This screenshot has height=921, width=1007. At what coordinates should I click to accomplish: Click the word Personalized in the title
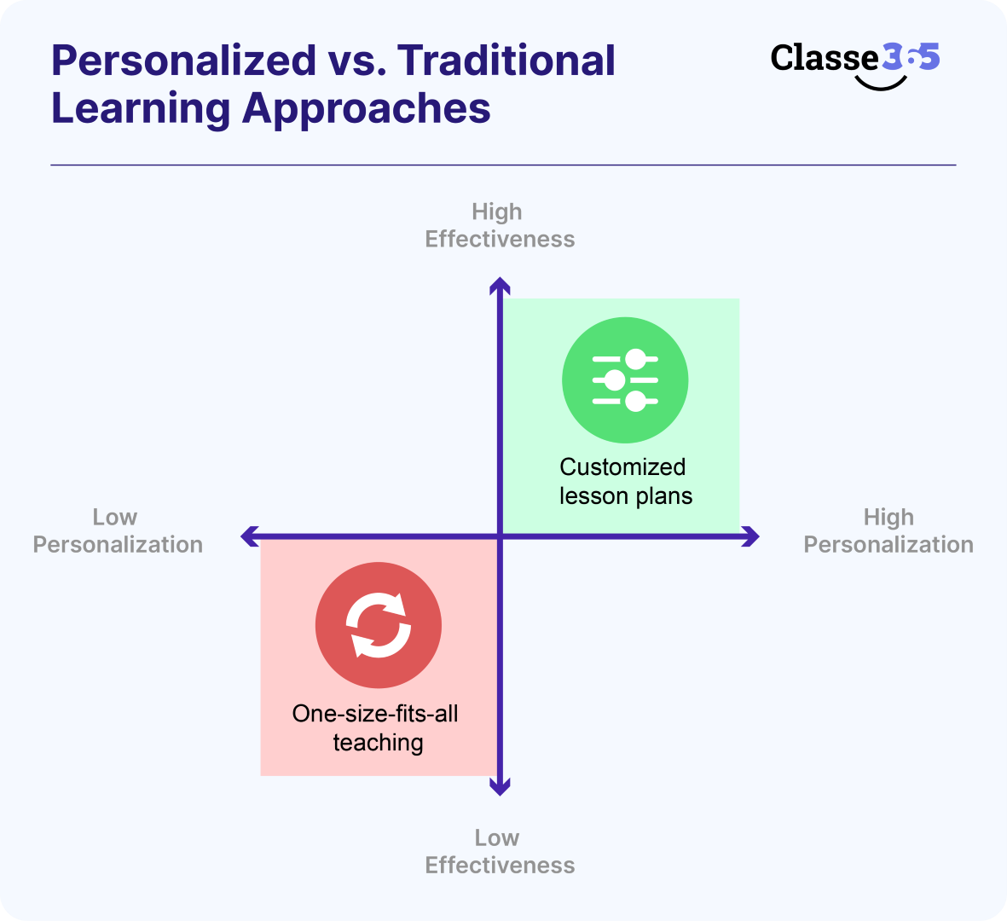(183, 61)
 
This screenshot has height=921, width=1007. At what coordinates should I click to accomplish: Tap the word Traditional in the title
(506, 61)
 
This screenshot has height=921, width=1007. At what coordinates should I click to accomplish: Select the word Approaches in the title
(367, 109)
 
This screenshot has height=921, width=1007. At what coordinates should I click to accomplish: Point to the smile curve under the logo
(880, 84)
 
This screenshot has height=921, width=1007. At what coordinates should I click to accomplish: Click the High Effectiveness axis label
(500, 225)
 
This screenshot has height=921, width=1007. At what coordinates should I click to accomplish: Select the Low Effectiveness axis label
(500, 851)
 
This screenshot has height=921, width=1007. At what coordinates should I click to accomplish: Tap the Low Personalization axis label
(118, 530)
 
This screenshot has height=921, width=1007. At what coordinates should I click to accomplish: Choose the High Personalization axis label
(888, 530)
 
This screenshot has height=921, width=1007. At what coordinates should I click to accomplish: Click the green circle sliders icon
(625, 380)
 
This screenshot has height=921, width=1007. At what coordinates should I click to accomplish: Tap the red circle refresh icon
(379, 625)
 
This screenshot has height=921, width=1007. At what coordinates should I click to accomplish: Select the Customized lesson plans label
(625, 481)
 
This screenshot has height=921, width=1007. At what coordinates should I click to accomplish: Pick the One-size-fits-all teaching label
(376, 727)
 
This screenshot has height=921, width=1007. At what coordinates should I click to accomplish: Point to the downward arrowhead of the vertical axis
(501, 788)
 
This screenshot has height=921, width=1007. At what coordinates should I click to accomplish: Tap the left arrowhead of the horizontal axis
(247, 536)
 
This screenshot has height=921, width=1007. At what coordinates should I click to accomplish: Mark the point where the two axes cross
(501, 536)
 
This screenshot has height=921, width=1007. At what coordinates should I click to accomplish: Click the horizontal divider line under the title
(503, 165)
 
